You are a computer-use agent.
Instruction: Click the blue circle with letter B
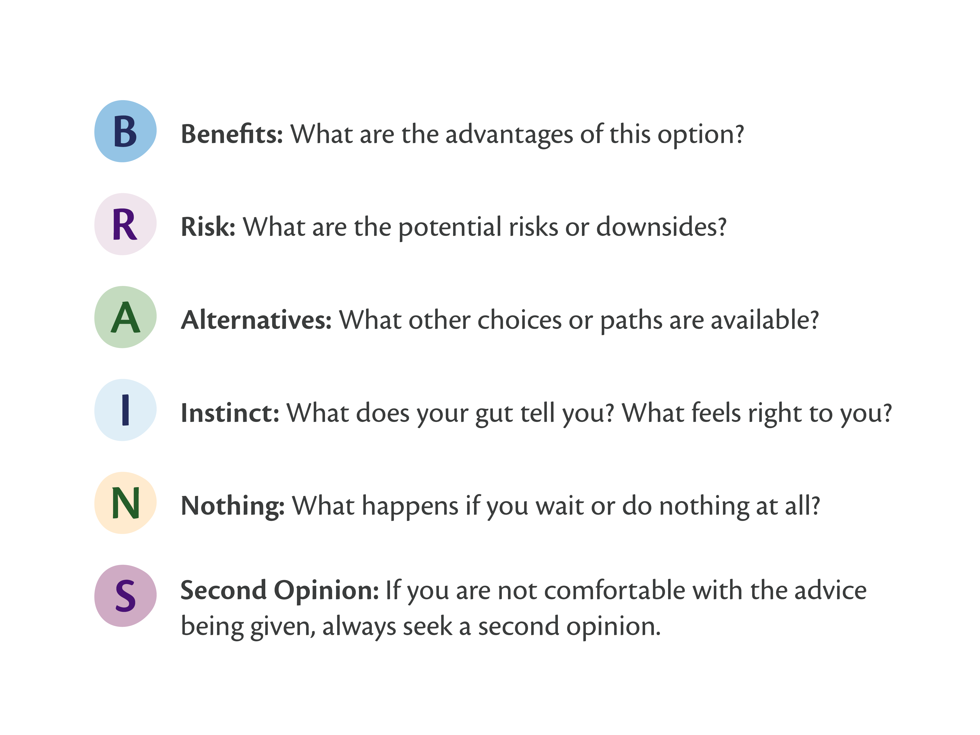pos(125,131)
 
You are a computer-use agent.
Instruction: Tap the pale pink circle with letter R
pos(125,224)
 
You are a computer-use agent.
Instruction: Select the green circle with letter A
pos(125,317)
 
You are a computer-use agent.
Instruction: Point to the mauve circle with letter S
pos(125,596)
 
